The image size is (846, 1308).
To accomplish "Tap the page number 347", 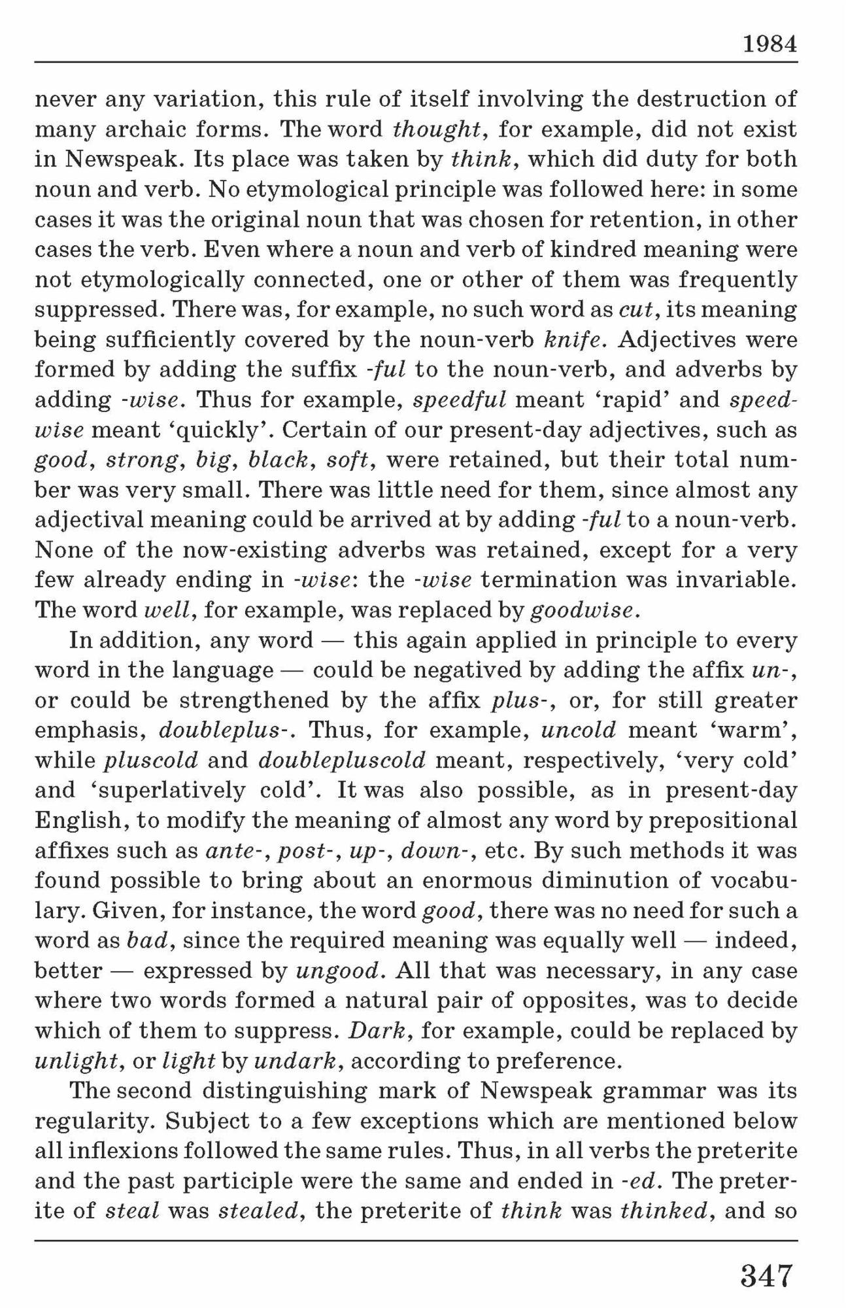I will [766, 1275].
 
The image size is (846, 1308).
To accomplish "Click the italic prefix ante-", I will [237, 851].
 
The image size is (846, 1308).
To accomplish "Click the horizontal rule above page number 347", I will [416, 1240].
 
